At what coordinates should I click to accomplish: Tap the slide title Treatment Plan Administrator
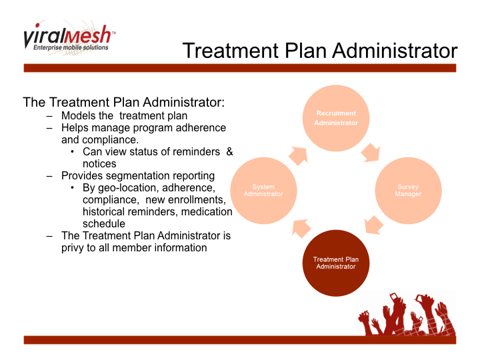[320, 51]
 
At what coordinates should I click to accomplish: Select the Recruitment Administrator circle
[336, 118]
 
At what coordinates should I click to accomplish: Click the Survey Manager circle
[408, 190]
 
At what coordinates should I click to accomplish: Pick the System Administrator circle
[263, 190]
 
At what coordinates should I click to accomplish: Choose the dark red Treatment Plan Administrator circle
[336, 263]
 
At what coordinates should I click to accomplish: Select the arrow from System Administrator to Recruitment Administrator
[299, 154]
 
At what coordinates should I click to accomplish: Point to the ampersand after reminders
[229, 151]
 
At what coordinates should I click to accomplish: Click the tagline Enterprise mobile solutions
[71, 48]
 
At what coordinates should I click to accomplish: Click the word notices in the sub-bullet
[99, 163]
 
